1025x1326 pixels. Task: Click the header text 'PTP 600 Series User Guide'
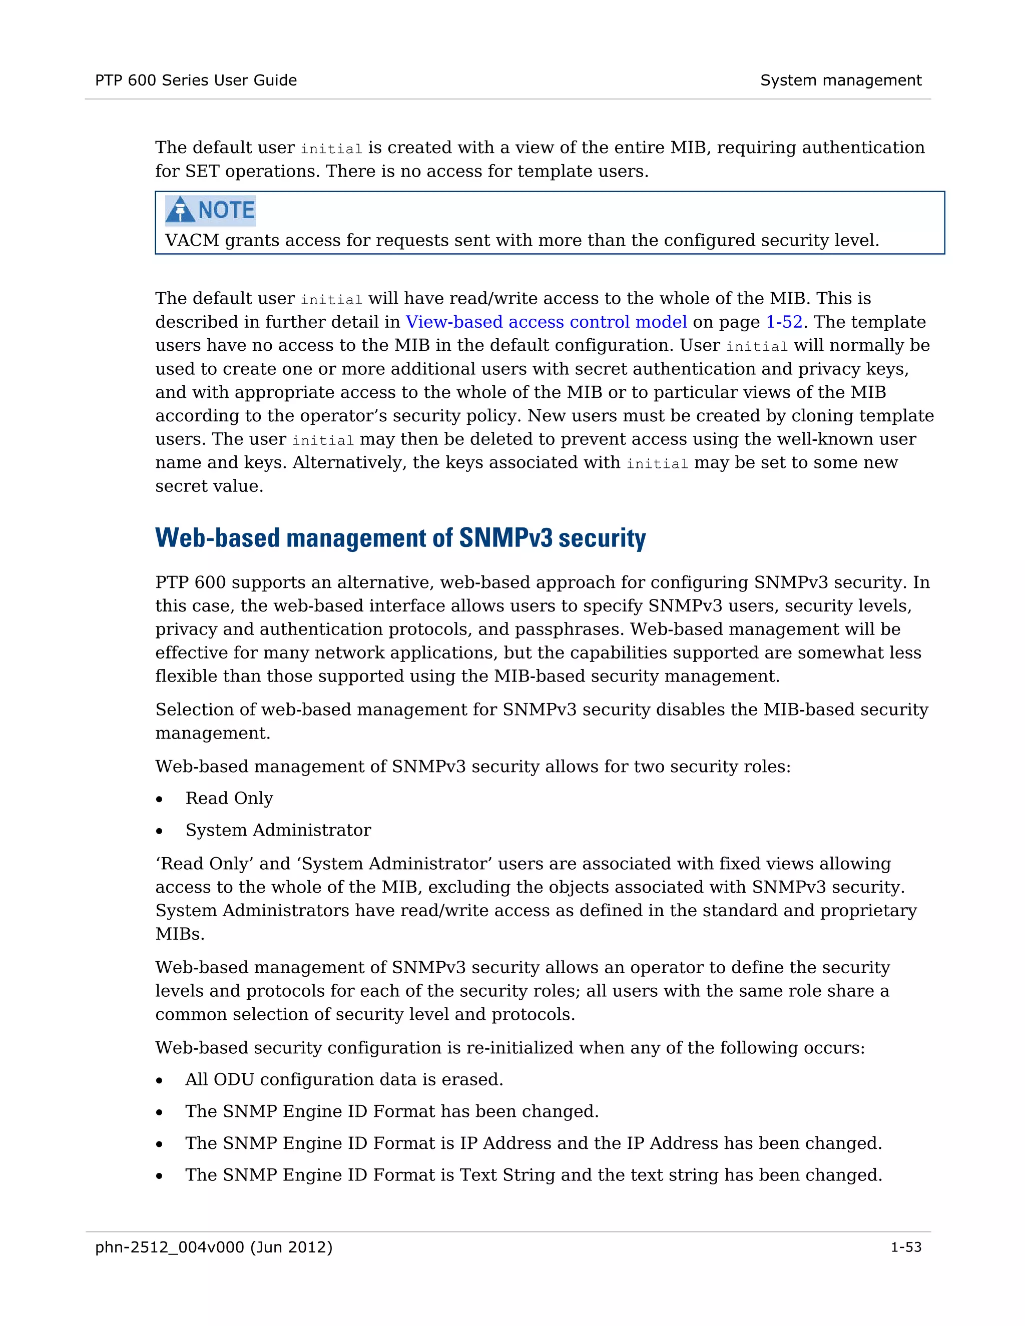[196, 80]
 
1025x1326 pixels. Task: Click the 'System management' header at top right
[840, 80]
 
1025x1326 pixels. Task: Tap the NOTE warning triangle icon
[180, 210]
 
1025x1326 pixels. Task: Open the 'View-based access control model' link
[546, 322]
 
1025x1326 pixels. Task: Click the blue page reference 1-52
[784, 322]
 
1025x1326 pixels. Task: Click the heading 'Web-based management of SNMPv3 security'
[400, 538]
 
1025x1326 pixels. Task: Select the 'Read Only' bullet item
[229, 799]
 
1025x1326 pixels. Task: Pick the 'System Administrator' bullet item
[278, 830]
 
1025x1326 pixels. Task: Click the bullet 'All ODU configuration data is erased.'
[344, 1079]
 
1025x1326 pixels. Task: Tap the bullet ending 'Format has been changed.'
[392, 1111]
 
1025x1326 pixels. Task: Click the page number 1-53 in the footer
[905, 1247]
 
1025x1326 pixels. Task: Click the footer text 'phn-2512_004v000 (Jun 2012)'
[214, 1247]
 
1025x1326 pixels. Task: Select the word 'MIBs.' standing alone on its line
[180, 934]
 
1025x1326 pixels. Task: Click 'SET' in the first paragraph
[202, 171]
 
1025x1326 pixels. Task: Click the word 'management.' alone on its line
[213, 734]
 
